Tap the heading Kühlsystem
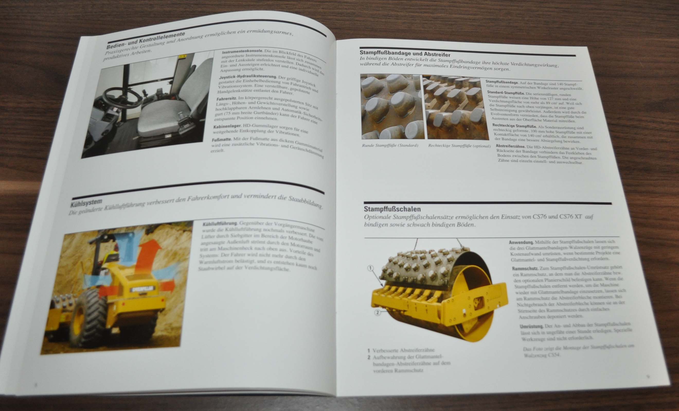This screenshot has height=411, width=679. [x=86, y=203]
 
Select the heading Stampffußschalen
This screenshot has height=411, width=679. [x=392, y=209]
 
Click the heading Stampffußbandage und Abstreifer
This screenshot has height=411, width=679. [x=405, y=54]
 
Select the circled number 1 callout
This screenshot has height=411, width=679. [x=371, y=268]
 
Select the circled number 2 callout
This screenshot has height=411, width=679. [x=377, y=313]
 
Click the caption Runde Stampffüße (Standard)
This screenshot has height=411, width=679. [x=390, y=145]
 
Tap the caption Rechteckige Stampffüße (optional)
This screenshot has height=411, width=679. [x=459, y=146]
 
